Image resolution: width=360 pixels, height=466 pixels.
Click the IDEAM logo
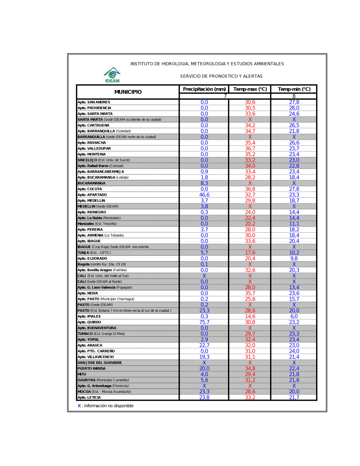[112, 75]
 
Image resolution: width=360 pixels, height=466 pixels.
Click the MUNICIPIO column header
[128, 92]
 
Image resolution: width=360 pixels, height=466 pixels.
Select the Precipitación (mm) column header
[204, 89]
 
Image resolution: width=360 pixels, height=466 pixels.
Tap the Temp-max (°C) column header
[250, 89]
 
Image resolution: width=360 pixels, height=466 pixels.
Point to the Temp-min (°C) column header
[294, 89]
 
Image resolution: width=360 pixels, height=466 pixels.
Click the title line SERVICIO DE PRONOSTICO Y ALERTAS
[221, 76]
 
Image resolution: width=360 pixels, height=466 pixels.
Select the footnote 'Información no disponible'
[108, 406]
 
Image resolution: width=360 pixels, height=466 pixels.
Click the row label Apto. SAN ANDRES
[94, 102]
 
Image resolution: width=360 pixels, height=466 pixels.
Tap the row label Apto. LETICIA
[89, 398]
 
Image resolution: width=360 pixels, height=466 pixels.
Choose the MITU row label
[82, 375]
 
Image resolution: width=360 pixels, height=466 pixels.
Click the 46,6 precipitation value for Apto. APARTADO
[204, 195]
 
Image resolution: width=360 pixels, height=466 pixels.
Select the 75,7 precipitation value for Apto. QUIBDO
[204, 322]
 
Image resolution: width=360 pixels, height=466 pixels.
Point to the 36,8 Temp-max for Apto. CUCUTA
[250, 189]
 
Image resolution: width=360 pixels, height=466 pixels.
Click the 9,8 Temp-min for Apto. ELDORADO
[294, 259]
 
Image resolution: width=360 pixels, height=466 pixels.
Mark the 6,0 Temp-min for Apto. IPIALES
[294, 317]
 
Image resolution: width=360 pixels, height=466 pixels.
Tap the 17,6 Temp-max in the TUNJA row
[250, 253]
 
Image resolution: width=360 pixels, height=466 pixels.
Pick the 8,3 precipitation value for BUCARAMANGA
[204, 183]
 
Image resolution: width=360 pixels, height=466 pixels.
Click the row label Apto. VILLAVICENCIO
[96, 357]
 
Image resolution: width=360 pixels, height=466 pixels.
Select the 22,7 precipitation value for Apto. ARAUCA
[204, 345]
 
